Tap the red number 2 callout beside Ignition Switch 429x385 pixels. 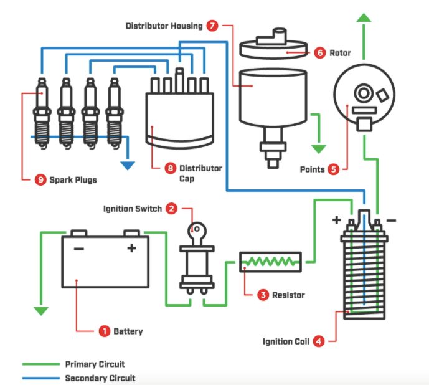pyautogui.click(x=171, y=209)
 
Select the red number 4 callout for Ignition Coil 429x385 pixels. pyautogui.click(x=318, y=341)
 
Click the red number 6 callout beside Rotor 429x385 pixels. pyautogui.click(x=319, y=53)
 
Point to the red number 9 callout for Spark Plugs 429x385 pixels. pyautogui.click(x=41, y=179)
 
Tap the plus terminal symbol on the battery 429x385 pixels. pyautogui.click(x=131, y=248)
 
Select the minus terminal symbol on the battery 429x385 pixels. pyautogui.click(x=78, y=248)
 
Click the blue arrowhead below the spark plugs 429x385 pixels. pyautogui.click(x=128, y=165)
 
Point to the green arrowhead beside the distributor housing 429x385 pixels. pyautogui.click(x=319, y=148)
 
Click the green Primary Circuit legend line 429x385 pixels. pyautogui.click(x=40, y=364)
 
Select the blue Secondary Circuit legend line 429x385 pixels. pyautogui.click(x=40, y=378)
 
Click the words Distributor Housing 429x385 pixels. pyautogui.click(x=164, y=26)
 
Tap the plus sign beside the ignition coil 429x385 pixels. pyautogui.click(x=337, y=220)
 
